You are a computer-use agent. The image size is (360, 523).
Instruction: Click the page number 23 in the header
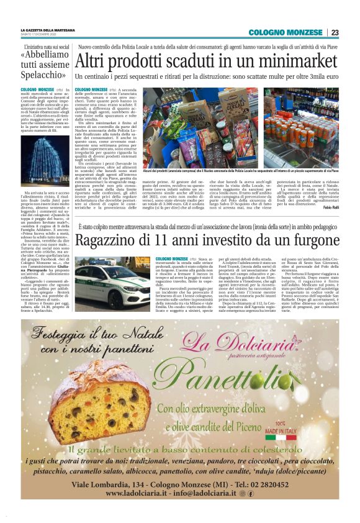pyautogui.click(x=335, y=32)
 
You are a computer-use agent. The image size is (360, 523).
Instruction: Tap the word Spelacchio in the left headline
pyautogui.click(x=40, y=75)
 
